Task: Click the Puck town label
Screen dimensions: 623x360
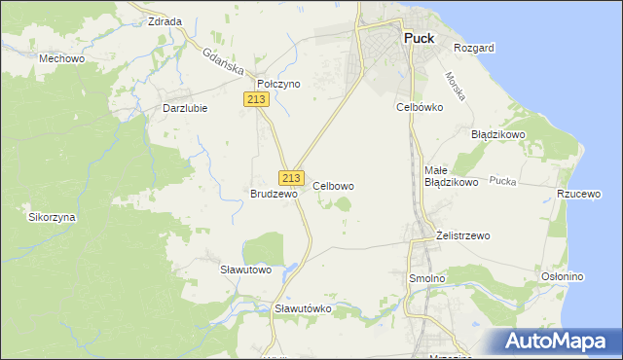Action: (419, 40)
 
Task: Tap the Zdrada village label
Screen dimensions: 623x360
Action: (164, 20)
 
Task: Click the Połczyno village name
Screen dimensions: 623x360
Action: (278, 84)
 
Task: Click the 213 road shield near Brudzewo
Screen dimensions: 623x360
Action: (290, 177)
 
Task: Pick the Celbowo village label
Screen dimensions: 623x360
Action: (333, 185)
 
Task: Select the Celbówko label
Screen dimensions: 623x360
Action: (420, 107)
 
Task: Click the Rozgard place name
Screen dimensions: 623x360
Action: (474, 48)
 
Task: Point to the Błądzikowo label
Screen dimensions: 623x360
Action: (497, 134)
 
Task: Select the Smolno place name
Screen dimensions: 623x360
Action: (424, 278)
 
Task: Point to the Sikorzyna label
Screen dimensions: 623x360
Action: (52, 217)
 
